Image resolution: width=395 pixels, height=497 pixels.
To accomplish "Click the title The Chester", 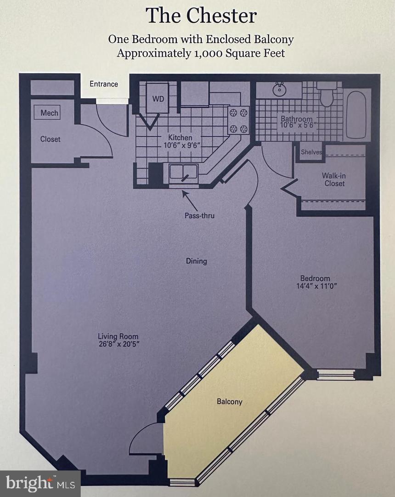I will coord(201,16).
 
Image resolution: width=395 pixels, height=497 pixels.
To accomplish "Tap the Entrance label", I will coord(103,84).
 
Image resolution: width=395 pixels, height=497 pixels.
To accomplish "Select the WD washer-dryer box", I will coord(158,99).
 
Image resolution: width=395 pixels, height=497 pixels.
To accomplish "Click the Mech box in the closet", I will coord(49,113).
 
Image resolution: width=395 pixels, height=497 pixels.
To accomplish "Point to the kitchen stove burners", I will coord(238,120).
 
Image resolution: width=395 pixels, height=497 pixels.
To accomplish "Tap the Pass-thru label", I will coord(199,215).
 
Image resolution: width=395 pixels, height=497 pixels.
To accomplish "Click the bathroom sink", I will coord(279,89).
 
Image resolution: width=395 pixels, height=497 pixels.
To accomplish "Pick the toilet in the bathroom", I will coord(327,95).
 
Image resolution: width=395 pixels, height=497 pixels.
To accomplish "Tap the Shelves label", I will coord(311,152).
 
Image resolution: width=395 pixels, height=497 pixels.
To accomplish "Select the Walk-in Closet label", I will coord(334,179).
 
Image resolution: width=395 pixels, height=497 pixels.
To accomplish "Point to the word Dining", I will coord(196,261).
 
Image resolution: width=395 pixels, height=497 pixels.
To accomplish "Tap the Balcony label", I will coord(229,402).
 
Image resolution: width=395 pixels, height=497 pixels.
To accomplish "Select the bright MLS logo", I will coord(40,483).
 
